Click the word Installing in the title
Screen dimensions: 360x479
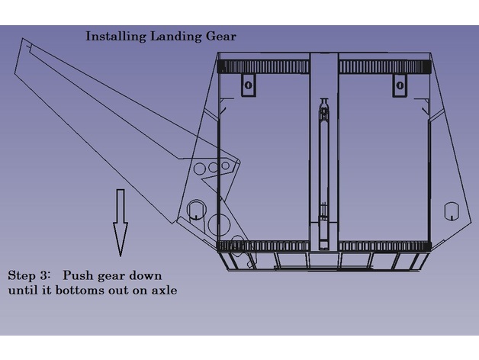coord(111,36)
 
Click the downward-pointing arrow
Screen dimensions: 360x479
coord(120,223)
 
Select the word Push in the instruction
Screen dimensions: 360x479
coord(77,275)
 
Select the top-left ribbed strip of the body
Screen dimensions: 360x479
coord(264,66)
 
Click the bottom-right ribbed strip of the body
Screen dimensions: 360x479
coord(381,247)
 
